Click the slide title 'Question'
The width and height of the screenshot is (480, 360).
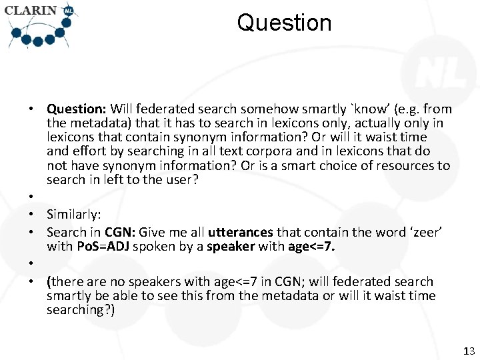pyautogui.click(x=284, y=23)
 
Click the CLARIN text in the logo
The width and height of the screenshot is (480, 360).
pyautogui.click(x=31, y=11)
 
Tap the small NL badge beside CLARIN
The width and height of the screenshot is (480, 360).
pyautogui.click(x=69, y=10)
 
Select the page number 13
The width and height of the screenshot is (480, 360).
pyautogui.click(x=468, y=351)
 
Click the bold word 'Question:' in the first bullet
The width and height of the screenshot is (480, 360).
pyautogui.click(x=76, y=109)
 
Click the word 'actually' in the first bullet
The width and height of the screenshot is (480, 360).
pyautogui.click(x=374, y=123)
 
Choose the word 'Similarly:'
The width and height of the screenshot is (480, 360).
pyautogui.click(x=74, y=214)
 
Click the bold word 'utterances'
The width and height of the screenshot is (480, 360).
pyautogui.click(x=240, y=232)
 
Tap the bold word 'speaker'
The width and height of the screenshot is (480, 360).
pyautogui.click(x=231, y=246)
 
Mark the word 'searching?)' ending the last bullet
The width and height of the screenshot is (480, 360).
pyautogui.click(x=81, y=309)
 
